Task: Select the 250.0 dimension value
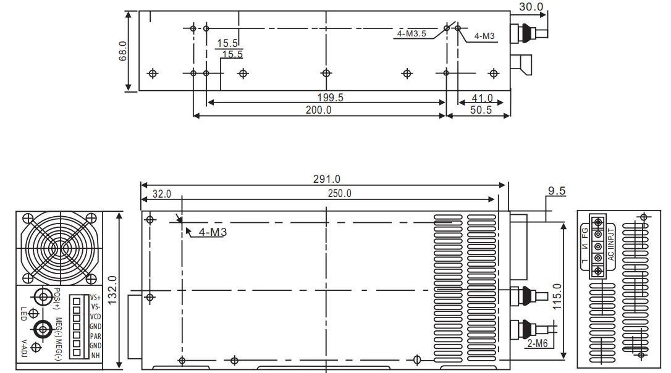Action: pos(339,193)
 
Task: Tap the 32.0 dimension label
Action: pos(162,193)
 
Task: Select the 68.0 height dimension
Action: pos(123,51)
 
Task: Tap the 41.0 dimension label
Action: pos(481,98)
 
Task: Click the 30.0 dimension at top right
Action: pos(530,7)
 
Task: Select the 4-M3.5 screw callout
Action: pos(413,34)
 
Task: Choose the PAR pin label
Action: pos(95,337)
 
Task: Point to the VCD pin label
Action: pos(95,316)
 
